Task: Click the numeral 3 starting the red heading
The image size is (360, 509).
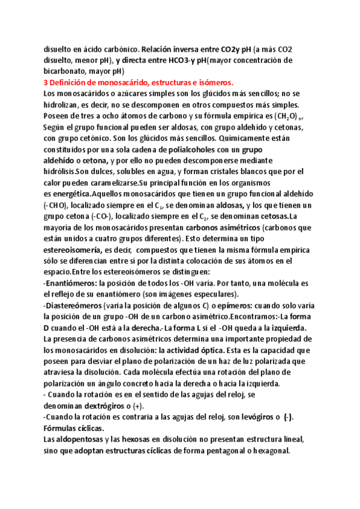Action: point(47,82)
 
